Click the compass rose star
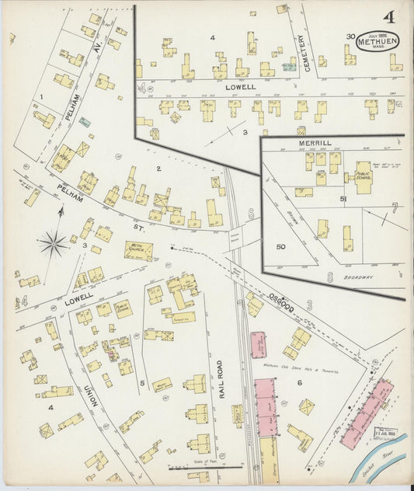(54, 244)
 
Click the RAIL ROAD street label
(221, 379)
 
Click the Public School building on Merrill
(363, 178)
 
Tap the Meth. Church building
(138, 250)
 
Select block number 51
(342, 200)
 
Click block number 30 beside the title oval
(350, 36)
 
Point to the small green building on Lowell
(290, 68)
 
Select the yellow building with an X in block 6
(307, 406)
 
